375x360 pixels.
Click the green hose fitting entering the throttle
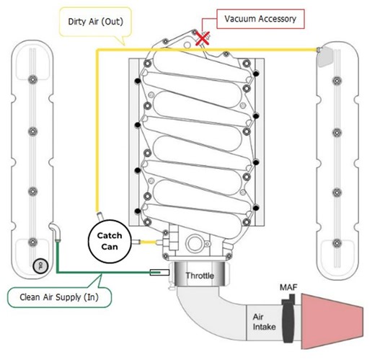[x=156, y=272]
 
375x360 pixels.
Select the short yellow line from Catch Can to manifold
[x=149, y=241]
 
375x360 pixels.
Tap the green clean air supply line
[x=101, y=272]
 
